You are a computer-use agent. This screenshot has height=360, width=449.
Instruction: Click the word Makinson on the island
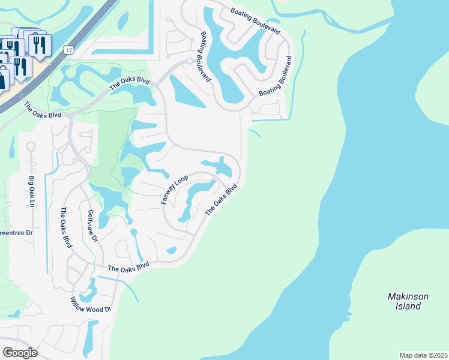408,296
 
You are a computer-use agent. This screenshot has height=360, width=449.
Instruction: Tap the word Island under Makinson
408,306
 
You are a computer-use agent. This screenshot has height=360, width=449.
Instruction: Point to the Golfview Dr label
92,226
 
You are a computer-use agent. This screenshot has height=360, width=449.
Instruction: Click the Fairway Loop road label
175,190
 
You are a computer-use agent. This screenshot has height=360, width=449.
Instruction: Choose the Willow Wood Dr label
91,305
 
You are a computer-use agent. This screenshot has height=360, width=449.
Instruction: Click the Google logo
20,352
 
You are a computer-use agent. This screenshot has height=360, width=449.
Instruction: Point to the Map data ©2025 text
423,355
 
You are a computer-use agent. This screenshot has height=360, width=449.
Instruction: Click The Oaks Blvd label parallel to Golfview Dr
65,228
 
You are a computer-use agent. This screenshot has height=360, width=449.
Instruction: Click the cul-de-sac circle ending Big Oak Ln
31,146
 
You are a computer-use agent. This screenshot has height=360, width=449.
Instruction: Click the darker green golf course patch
114,144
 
